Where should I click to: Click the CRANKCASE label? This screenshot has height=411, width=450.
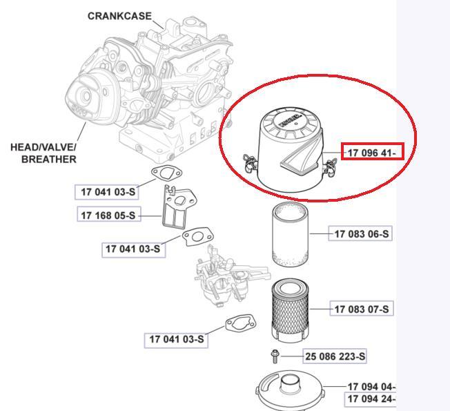click(119, 15)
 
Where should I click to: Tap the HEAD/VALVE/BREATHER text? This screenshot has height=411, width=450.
click(43, 153)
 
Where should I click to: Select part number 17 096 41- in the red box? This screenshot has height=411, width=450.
click(371, 152)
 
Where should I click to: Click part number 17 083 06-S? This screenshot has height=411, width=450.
click(362, 234)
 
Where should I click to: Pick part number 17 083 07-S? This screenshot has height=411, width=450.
click(362, 309)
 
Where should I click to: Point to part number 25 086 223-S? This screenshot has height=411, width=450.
click(335, 356)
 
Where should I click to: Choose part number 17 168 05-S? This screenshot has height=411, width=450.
click(108, 216)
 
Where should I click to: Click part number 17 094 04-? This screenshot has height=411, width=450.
click(371, 387)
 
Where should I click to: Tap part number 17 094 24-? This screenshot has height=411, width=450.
click(371, 399)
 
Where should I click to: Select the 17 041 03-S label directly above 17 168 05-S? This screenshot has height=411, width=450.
click(108, 191)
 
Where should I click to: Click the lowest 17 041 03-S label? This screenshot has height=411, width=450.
click(177, 339)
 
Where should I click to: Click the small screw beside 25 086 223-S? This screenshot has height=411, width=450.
click(275, 356)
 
